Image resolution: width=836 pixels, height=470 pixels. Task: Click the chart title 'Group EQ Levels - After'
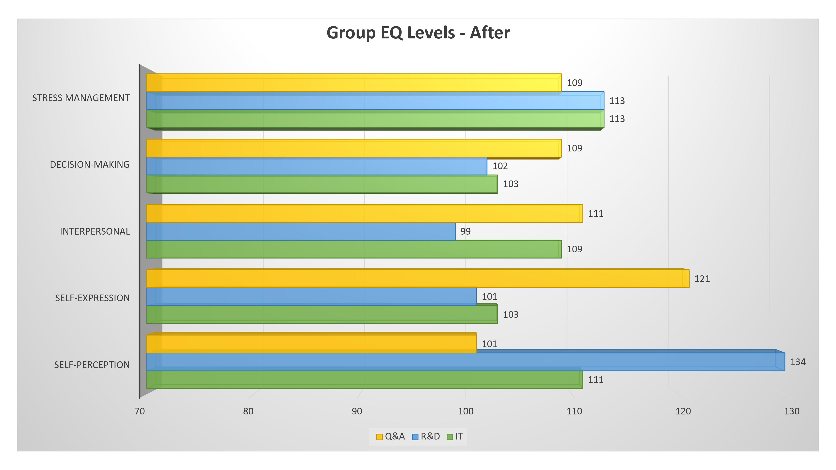(418, 33)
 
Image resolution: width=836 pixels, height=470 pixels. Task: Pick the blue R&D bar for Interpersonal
(301, 231)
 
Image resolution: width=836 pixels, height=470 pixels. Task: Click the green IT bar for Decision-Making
(322, 184)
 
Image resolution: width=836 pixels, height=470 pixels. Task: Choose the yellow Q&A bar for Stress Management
(354, 83)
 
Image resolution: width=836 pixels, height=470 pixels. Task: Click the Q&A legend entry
(391, 437)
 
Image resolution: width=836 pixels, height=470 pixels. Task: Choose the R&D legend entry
(426, 437)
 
